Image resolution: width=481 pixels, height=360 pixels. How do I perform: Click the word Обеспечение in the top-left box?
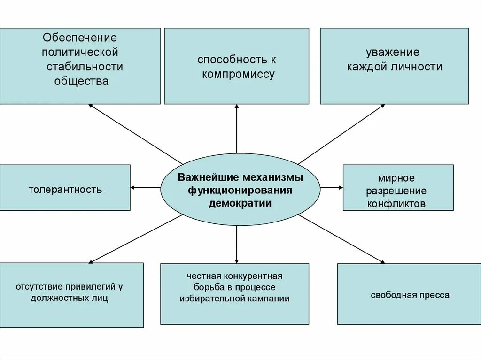(x=79, y=37)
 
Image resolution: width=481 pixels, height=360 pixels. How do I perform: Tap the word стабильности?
(x=85, y=66)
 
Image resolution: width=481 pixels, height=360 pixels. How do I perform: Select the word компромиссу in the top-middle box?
(x=239, y=74)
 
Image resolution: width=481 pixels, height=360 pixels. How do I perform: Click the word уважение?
(x=393, y=52)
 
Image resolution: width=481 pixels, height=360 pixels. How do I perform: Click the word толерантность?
(x=65, y=190)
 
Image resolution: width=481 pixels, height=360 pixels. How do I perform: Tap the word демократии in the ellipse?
(x=240, y=203)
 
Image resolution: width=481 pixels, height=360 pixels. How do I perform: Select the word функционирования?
(x=240, y=191)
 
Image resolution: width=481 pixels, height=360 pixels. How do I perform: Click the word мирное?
(x=396, y=178)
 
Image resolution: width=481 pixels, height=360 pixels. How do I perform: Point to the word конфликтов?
(x=396, y=204)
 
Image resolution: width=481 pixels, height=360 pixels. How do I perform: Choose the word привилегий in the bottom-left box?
(x=91, y=286)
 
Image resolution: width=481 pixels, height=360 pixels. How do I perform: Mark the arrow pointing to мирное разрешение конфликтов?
(x=332, y=188)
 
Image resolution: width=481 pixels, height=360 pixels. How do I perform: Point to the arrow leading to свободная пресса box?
(x=342, y=239)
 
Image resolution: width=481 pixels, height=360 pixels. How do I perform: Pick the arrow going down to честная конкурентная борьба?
(x=237, y=244)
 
